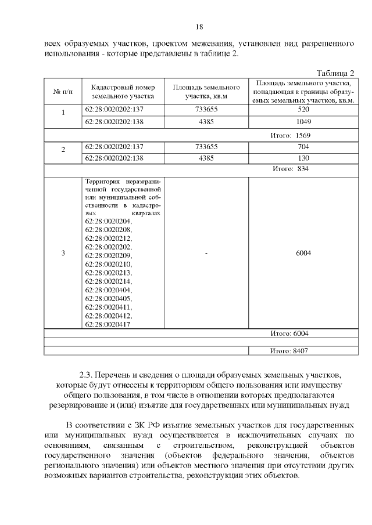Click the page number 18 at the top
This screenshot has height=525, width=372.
[x=199, y=27]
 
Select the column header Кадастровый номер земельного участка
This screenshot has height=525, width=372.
[x=121, y=92]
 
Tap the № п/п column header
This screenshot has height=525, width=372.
[x=63, y=92]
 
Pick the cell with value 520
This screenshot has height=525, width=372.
[x=303, y=110]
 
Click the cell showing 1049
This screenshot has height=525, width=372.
[x=303, y=122]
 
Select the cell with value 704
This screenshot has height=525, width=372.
[x=303, y=147]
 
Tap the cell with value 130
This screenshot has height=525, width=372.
[x=303, y=158]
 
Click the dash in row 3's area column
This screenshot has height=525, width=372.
[x=206, y=253]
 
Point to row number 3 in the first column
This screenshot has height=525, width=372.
[x=63, y=253]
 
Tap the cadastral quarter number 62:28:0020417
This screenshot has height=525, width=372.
[x=108, y=324]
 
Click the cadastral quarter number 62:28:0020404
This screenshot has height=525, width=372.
[x=108, y=289]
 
